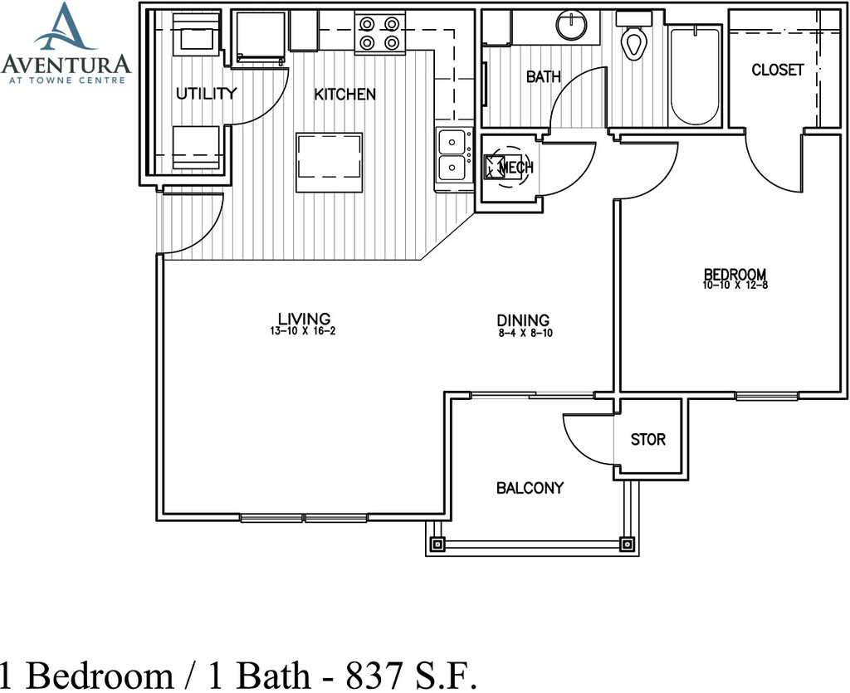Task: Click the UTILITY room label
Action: tap(207, 94)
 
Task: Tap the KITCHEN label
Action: tap(345, 95)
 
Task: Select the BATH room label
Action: tap(543, 77)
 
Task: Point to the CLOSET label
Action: tap(777, 70)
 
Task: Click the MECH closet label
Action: tap(515, 168)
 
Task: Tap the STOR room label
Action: tap(647, 439)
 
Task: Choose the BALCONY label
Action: tap(530, 488)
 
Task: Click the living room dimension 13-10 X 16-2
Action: tap(302, 331)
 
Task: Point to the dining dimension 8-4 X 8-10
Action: tap(525, 334)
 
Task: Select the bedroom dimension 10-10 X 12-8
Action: tap(735, 285)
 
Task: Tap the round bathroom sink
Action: tap(572, 25)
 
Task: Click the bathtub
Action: tap(695, 76)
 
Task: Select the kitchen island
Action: tap(329, 163)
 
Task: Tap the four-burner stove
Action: tap(380, 33)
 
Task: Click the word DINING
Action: tap(523, 320)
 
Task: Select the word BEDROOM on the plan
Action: tap(735, 274)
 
